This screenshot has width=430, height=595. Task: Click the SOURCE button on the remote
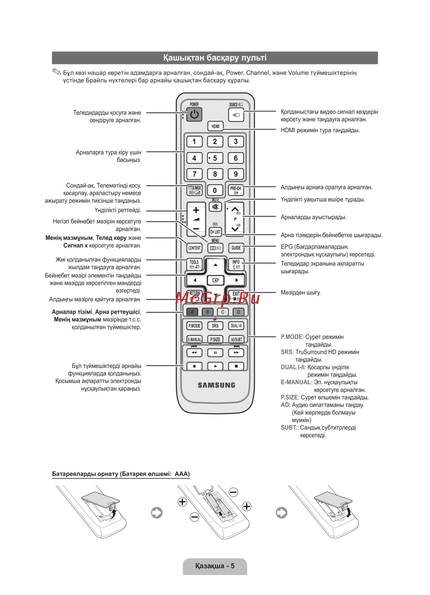(236, 115)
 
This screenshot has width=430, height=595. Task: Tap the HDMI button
(215, 126)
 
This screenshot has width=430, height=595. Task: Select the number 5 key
(215, 158)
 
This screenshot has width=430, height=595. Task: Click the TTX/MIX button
(194, 190)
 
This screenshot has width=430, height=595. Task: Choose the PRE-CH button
(236, 190)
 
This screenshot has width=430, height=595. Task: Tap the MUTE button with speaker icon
(215, 207)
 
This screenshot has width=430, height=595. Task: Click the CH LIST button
(215, 232)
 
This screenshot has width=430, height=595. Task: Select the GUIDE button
(236, 248)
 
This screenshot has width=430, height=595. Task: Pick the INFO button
(236, 264)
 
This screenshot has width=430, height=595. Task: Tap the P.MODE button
(194, 326)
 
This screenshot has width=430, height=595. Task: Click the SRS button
(215, 326)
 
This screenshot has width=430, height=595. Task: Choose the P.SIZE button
(215, 339)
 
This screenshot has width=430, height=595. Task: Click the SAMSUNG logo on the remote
(216, 385)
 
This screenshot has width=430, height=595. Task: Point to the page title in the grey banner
(215, 58)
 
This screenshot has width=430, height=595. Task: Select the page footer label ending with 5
(215, 566)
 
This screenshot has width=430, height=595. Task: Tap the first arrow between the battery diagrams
(157, 512)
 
